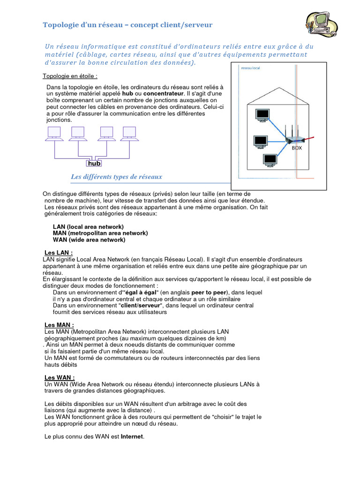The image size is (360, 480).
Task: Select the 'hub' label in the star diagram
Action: (x=94, y=164)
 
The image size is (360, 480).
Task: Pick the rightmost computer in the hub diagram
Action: (x=129, y=134)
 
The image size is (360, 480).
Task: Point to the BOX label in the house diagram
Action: (x=297, y=148)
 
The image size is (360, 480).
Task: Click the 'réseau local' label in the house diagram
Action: (x=250, y=68)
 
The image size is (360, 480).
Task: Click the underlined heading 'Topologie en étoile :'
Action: (x=70, y=76)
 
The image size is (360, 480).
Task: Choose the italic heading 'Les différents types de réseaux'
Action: (x=116, y=177)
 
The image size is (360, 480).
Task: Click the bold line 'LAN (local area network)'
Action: (x=88, y=226)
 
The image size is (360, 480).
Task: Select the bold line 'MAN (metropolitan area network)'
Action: (x=100, y=233)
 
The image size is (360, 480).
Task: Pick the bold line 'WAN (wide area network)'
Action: (x=89, y=240)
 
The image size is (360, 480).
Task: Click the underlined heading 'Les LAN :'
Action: (x=59, y=253)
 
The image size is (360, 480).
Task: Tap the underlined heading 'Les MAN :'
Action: (x=59, y=325)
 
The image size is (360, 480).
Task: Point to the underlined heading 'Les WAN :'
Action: (x=60, y=377)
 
